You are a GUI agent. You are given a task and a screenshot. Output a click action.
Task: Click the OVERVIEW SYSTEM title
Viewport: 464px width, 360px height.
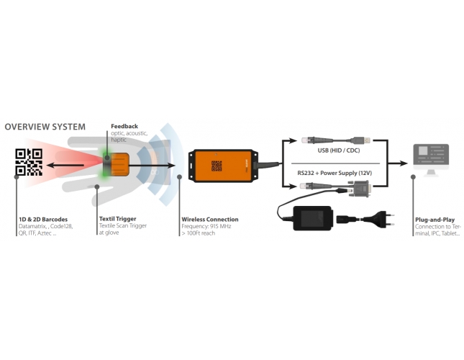(45, 127)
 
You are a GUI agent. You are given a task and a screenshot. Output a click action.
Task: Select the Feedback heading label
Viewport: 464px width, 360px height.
(124, 126)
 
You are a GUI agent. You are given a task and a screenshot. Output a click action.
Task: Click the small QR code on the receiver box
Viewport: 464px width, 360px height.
(217, 166)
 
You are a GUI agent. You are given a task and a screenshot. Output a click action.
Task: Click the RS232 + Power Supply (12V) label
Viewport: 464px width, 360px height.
(337, 173)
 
